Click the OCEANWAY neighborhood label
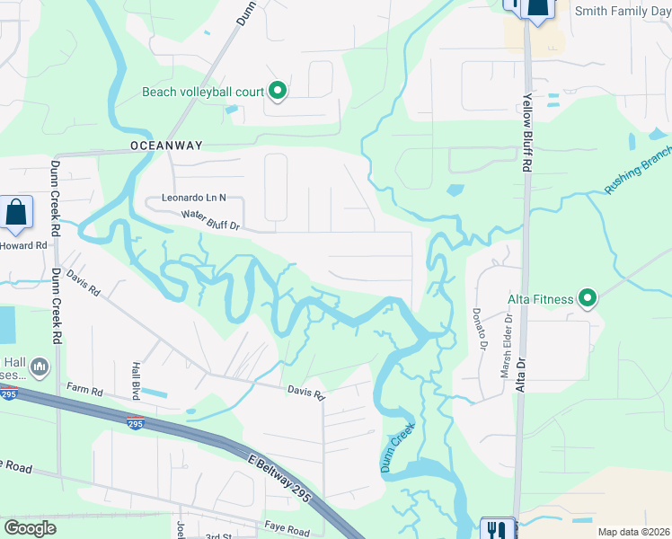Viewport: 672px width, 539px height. [x=166, y=145]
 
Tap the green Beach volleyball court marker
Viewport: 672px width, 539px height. [x=278, y=91]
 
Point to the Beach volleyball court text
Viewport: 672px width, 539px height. [x=203, y=92]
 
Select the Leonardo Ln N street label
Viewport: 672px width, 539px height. [x=194, y=198]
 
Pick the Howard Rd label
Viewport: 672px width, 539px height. [x=24, y=245]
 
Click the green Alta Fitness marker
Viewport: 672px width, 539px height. [x=588, y=297]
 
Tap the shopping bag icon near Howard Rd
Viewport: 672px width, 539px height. [x=16, y=214]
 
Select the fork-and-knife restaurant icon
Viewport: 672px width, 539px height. [x=496, y=528]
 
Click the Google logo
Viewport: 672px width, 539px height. [x=30, y=528]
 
